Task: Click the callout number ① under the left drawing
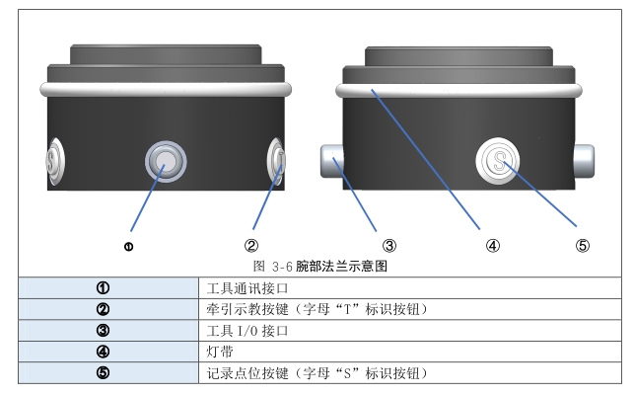pos(129,246)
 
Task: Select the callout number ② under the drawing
pos(251,246)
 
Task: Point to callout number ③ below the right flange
pos(388,246)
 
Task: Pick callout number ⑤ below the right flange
pos(582,246)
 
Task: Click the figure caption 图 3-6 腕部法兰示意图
pos(316,266)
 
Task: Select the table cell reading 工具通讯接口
pos(247,287)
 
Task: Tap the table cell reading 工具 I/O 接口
pos(247,330)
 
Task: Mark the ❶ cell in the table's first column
pos(101,287)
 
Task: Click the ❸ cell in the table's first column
pos(101,330)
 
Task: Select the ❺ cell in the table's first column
pos(101,372)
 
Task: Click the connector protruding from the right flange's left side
pos(330,158)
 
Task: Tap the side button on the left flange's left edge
pos(55,162)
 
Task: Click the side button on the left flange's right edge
pos(277,161)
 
